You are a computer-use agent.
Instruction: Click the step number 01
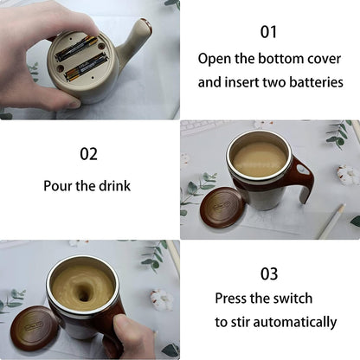[x=269, y=32]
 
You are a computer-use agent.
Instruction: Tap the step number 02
[x=89, y=155]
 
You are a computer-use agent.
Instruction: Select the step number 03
[x=269, y=273]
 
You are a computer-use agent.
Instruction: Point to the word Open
[x=216, y=59]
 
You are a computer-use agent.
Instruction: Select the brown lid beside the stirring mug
[x=35, y=328]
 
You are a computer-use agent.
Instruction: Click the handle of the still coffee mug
[x=302, y=177]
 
